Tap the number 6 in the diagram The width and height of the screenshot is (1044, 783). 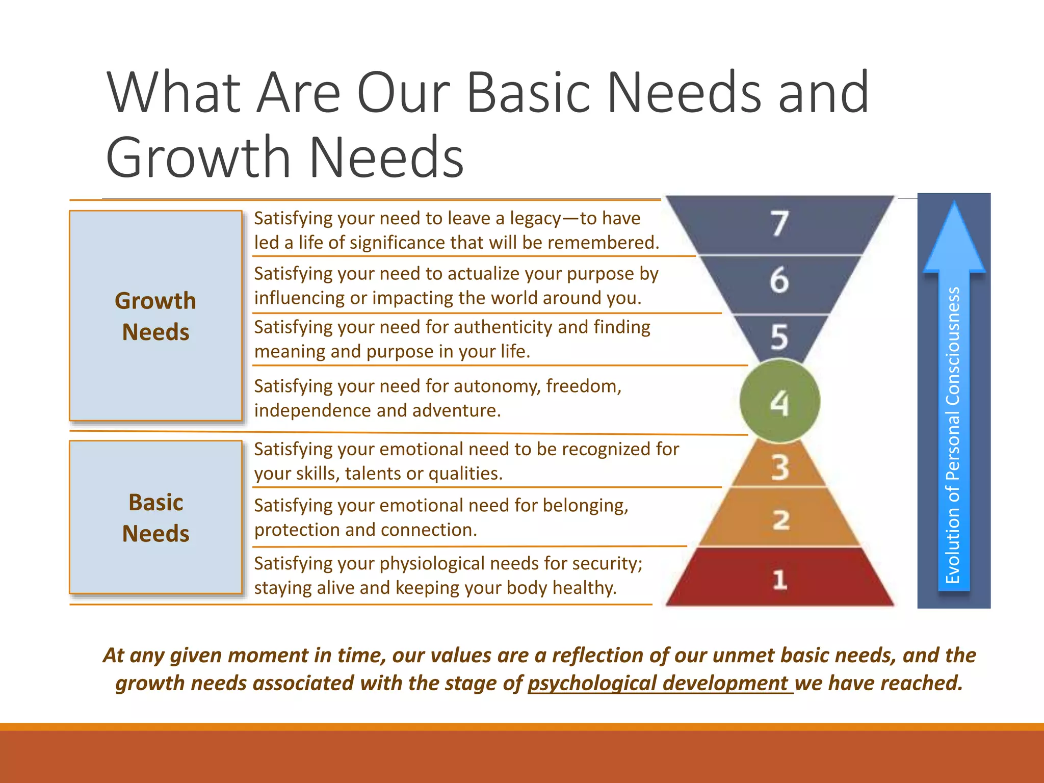[779, 280]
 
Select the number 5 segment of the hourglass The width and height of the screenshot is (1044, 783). [779, 337]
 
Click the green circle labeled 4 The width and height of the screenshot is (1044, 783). [779, 402]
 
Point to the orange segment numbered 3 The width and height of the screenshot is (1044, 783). [779, 467]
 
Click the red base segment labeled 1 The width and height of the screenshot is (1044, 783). [779, 579]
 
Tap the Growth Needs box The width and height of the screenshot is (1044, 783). [155, 316]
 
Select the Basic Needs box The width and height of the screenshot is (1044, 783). [155, 517]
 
